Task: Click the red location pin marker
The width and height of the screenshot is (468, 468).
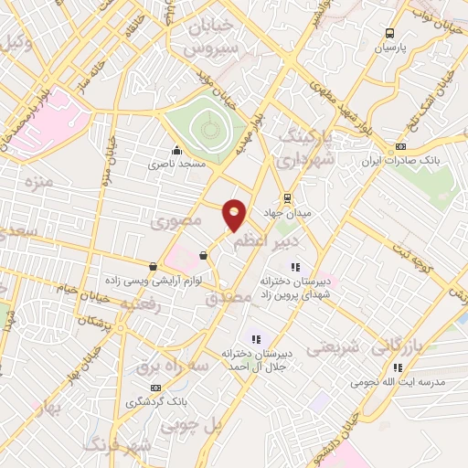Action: [x=235, y=214]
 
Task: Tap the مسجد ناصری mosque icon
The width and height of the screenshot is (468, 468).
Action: [x=176, y=151]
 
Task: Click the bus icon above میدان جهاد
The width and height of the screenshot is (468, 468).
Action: [x=287, y=197]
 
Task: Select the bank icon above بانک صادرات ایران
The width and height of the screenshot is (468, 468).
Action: [x=400, y=147]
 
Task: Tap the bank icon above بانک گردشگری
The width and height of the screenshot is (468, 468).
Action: [x=154, y=388]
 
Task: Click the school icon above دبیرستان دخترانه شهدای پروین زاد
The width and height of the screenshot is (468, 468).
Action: [x=295, y=266]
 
